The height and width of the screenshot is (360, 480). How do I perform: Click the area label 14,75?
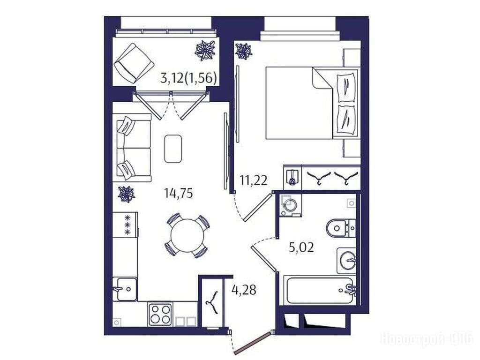point(179,193)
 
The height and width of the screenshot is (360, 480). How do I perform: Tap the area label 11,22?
point(254,180)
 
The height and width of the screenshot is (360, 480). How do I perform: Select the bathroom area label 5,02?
point(301,247)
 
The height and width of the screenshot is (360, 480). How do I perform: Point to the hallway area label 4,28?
point(244,289)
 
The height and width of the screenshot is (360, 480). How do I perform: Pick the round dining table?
point(187,236)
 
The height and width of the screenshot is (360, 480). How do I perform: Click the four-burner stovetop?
point(160,315)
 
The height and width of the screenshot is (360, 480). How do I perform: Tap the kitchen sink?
point(125,289)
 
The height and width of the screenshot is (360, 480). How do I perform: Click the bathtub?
point(320,290)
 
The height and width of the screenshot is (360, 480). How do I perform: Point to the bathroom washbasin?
point(347,261)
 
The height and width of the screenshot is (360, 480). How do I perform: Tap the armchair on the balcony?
point(134,63)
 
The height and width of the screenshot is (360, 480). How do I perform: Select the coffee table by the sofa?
point(173,149)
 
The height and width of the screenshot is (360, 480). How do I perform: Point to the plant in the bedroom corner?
point(244,51)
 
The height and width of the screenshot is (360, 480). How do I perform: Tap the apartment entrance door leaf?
point(253,342)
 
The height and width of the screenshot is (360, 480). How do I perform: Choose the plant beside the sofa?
point(127,195)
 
